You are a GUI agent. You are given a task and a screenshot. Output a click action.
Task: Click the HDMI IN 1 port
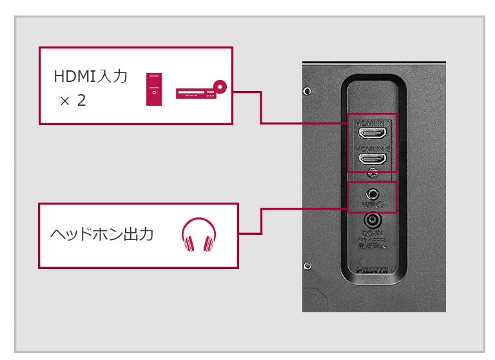coord(372,134)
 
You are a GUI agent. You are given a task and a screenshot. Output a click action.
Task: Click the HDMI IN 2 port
coord(372,158)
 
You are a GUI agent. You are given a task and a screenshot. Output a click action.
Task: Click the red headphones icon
coord(199,234)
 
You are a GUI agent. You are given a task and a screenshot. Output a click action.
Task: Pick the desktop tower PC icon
coord(154,89)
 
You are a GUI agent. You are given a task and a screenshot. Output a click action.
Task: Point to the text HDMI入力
coord(90,77)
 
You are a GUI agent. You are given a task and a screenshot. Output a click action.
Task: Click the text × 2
coord(73,101)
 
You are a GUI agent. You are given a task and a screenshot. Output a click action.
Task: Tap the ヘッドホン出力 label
coord(102,234)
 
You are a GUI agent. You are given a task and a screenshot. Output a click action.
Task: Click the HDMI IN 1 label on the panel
coord(372,122)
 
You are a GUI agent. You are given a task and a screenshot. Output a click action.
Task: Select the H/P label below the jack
coord(370,205)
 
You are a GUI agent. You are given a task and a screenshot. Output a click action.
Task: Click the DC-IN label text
coord(372,236)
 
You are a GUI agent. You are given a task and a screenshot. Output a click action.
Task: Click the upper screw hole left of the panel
coord(307,91)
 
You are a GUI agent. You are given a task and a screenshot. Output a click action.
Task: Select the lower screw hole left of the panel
coord(307,266)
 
